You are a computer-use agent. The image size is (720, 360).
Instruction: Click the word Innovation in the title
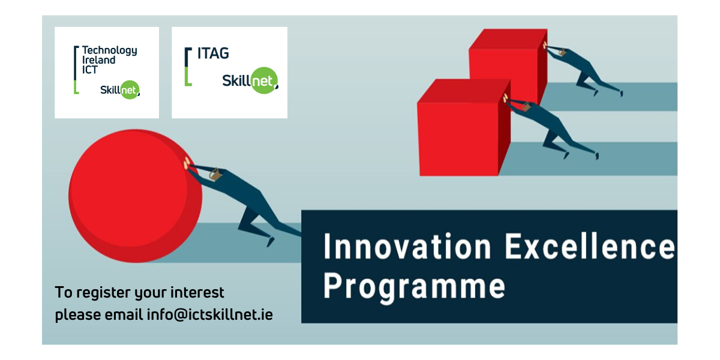pyautogui.click(x=407, y=246)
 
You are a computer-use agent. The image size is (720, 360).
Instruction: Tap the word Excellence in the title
pyautogui.click(x=589, y=246)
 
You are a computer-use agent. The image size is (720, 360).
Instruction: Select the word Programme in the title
pyautogui.click(x=414, y=287)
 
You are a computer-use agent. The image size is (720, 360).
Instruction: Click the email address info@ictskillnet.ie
pyautogui.click(x=210, y=314)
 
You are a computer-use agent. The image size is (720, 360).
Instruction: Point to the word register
pyautogui.click(x=103, y=293)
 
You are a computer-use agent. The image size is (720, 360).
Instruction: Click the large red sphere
pyautogui.click(x=136, y=196)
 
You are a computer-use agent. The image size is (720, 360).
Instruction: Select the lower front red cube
pyautogui.click(x=464, y=128)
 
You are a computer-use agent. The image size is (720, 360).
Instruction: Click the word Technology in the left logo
pyautogui.click(x=109, y=50)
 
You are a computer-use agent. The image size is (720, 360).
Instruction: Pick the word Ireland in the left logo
pyautogui.click(x=98, y=60)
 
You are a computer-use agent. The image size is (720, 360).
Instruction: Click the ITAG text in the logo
pyautogui.click(x=213, y=53)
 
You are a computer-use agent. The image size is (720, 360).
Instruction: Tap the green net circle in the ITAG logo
pyautogui.click(x=264, y=80)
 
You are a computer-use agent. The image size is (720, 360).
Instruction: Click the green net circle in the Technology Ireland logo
pyautogui.click(x=129, y=89)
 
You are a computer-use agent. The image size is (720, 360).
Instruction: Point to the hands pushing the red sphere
pyautogui.click(x=187, y=163)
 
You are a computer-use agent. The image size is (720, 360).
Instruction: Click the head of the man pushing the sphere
pyautogui.click(x=215, y=174)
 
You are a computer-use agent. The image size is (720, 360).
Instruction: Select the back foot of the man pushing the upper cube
pyautogui.click(x=622, y=94)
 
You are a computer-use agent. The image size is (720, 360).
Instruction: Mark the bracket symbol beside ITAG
pyautogui.click(x=188, y=67)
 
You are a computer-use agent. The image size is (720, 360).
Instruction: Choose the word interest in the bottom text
pyautogui.click(x=197, y=293)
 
